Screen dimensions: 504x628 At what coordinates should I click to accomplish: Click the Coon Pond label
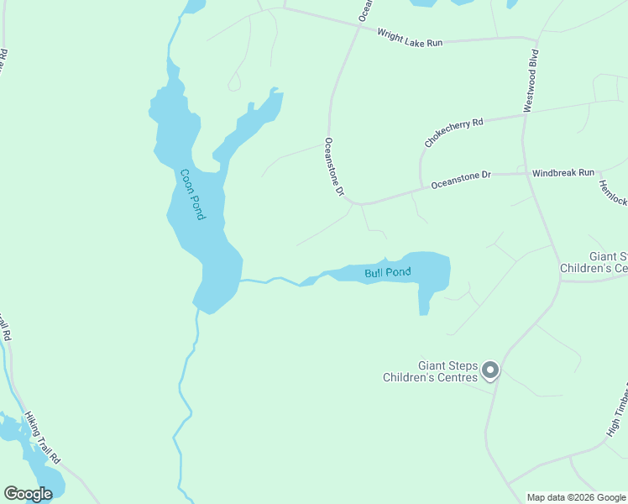point(192,194)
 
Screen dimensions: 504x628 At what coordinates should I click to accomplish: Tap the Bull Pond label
point(388,272)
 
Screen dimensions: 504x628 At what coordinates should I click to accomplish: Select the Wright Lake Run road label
point(409,38)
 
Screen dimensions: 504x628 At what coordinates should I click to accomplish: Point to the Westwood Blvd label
point(531,80)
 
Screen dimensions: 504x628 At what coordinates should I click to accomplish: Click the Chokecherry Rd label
point(454,133)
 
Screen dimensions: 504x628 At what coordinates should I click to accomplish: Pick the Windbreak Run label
point(563,172)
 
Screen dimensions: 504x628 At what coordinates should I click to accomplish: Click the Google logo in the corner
point(28,494)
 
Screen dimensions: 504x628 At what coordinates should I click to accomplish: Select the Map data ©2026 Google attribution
point(576,497)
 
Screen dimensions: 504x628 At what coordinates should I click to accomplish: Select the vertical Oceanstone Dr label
point(334,167)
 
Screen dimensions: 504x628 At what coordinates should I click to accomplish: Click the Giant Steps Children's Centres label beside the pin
point(430,371)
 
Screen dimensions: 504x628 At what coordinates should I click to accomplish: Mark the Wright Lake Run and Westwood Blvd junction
point(535,39)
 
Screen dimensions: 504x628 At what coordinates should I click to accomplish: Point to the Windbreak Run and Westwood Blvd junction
point(525,174)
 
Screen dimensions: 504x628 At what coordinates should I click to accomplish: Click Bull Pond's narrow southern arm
point(424,302)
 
